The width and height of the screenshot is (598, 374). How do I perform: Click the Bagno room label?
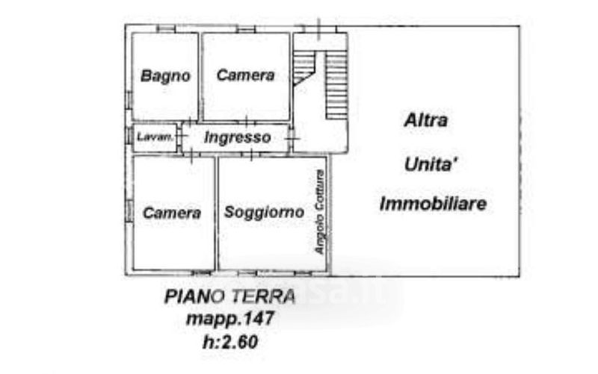click(x=166, y=75)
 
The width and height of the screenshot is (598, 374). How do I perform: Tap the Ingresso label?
click(x=237, y=137)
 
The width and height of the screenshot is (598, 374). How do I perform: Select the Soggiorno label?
click(x=264, y=212)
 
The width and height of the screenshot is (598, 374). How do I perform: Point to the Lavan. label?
click(x=155, y=137)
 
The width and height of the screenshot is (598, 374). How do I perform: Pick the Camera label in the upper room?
click(x=245, y=75)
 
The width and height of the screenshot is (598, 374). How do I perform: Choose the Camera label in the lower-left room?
click(x=172, y=213)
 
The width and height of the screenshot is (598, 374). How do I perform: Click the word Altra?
click(x=425, y=120)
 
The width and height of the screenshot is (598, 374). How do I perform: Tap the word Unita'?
click(x=432, y=163)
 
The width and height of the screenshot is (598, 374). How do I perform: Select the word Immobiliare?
click(x=433, y=204)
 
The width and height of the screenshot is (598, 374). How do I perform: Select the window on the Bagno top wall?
click(x=166, y=29)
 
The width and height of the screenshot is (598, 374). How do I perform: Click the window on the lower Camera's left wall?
click(x=129, y=211)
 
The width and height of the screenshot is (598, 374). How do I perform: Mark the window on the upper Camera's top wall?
click(x=246, y=29)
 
